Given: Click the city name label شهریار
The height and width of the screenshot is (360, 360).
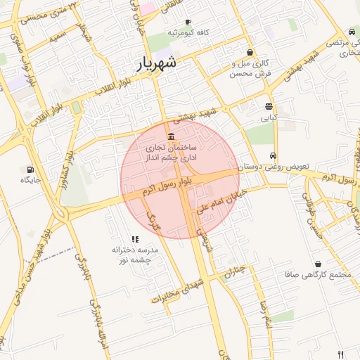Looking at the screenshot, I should tap(157, 65).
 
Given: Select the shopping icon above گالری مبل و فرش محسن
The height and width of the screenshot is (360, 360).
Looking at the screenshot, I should tap(250, 52).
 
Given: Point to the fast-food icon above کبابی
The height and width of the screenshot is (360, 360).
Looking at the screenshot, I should tap(269, 107).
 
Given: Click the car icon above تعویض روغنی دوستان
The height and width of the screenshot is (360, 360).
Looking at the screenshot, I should tap(273, 156).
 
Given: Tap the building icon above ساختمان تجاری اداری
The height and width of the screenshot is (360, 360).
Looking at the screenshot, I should tap(172, 136).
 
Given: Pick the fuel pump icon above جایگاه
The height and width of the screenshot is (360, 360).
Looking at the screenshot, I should tap(30, 169).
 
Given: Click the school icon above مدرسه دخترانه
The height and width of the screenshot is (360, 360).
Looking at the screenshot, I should tap(135, 239).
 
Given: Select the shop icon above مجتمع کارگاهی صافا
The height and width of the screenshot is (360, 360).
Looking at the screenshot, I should tap(319, 264).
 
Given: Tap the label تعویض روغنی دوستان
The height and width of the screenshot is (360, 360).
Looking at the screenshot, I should tap(274, 167).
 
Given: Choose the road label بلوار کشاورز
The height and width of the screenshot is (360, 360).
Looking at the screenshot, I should tap(65, 169).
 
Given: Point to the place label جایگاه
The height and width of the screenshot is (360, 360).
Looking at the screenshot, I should tap(31, 181).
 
